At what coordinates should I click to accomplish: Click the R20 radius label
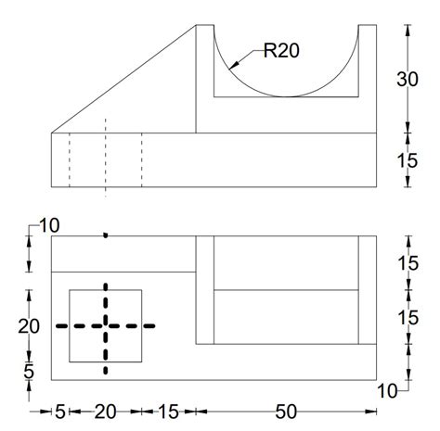(x=281, y=52)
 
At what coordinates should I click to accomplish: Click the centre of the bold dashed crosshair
(x=106, y=325)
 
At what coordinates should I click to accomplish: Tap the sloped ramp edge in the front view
(x=123, y=79)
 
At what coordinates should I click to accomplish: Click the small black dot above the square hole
(x=106, y=235)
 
